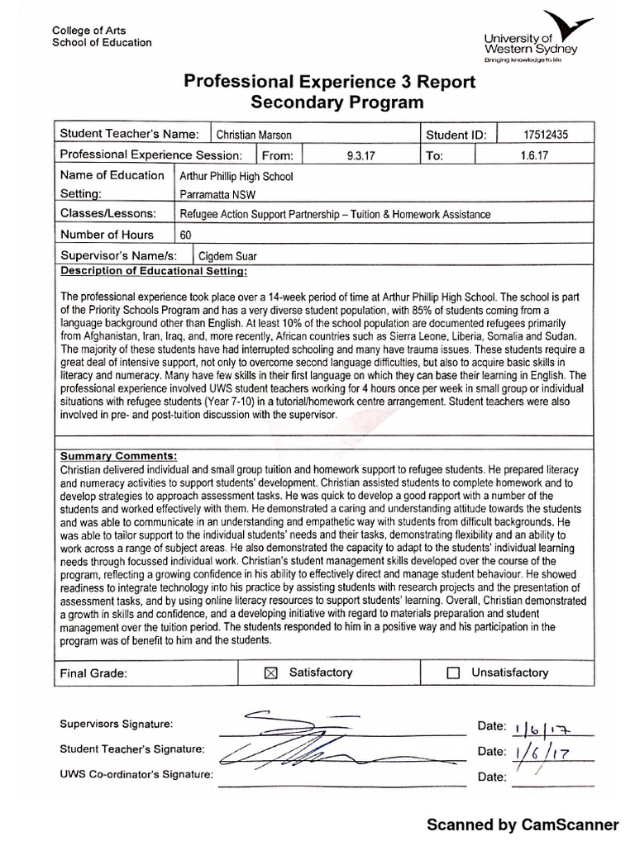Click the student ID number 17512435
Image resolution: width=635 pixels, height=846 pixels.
547,135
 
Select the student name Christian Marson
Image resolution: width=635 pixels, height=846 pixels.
253,135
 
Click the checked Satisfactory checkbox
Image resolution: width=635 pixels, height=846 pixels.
269,673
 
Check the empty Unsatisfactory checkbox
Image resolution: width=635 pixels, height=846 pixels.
452,673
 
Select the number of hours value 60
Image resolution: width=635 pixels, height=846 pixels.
185,235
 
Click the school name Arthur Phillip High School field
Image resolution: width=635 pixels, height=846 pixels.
236,176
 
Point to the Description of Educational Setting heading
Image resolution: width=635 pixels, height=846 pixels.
153,271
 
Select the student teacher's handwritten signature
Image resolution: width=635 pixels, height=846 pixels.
306,750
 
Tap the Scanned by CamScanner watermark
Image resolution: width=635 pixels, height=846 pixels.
522,825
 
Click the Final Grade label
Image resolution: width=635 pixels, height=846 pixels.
93,673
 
